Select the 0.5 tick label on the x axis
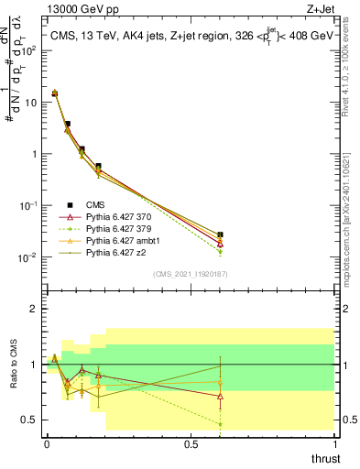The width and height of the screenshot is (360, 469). tap(191, 443)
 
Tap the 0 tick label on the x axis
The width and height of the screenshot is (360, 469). tap(47, 443)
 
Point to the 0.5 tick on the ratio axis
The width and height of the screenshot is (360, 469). tap(29, 420)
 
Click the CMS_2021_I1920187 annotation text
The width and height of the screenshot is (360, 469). tap(190, 272)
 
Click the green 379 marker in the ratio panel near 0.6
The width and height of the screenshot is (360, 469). tap(220, 424)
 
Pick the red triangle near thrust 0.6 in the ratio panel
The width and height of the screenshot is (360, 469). tap(220, 396)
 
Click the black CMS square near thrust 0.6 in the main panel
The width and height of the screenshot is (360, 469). tap(220, 235)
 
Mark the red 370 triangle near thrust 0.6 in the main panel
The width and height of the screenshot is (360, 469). tap(220, 243)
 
